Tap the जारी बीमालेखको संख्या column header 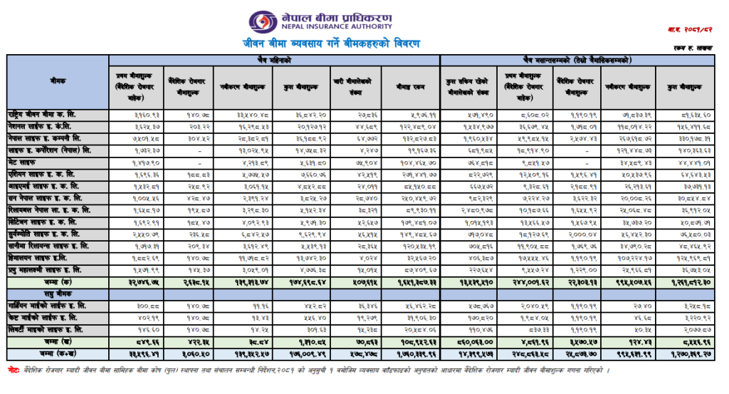point(357,86)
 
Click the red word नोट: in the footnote point(14,371)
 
